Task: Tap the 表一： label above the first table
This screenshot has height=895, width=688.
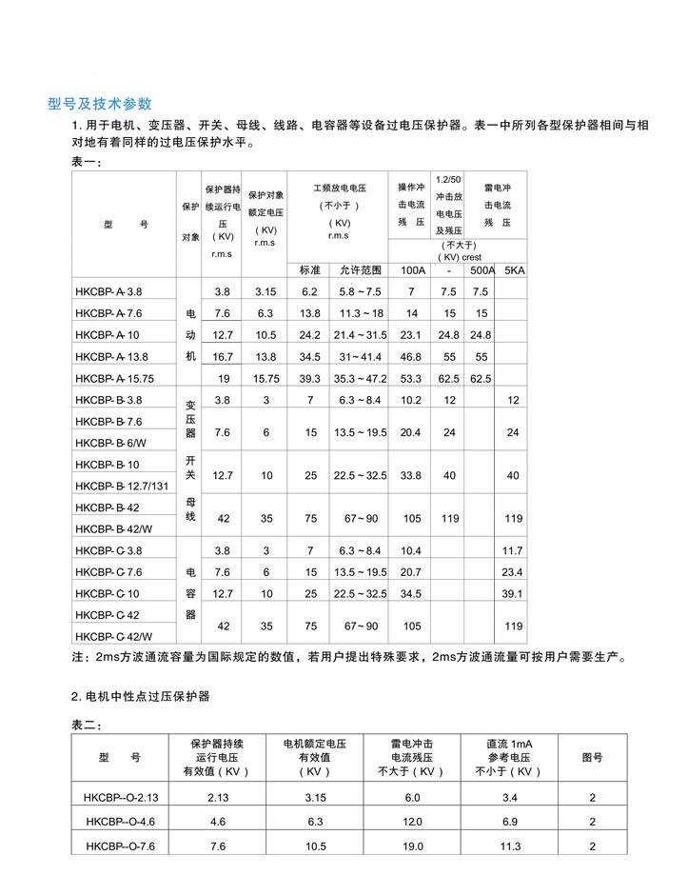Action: pyautogui.click(x=87, y=163)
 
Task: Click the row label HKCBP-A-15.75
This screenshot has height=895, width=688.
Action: pyautogui.click(x=113, y=378)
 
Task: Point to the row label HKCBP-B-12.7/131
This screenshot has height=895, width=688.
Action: pyautogui.click(x=120, y=486)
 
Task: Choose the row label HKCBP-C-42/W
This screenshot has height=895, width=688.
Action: pyautogui.click(x=113, y=636)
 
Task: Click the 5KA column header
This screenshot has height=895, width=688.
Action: pyautogui.click(x=514, y=270)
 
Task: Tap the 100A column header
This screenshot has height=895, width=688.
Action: pyautogui.click(x=412, y=270)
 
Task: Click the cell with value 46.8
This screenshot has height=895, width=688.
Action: pyautogui.click(x=411, y=357)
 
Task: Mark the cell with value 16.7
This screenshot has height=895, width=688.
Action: pyautogui.click(x=223, y=357)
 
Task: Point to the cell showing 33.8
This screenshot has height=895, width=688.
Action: pyautogui.click(x=411, y=475)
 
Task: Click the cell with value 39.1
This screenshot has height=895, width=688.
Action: pyautogui.click(x=514, y=593)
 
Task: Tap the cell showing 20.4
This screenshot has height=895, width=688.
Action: pyautogui.click(x=411, y=432)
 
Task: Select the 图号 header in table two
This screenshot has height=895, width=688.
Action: pyautogui.click(x=592, y=758)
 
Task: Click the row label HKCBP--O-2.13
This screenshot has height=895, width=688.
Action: pyautogui.click(x=121, y=797)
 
